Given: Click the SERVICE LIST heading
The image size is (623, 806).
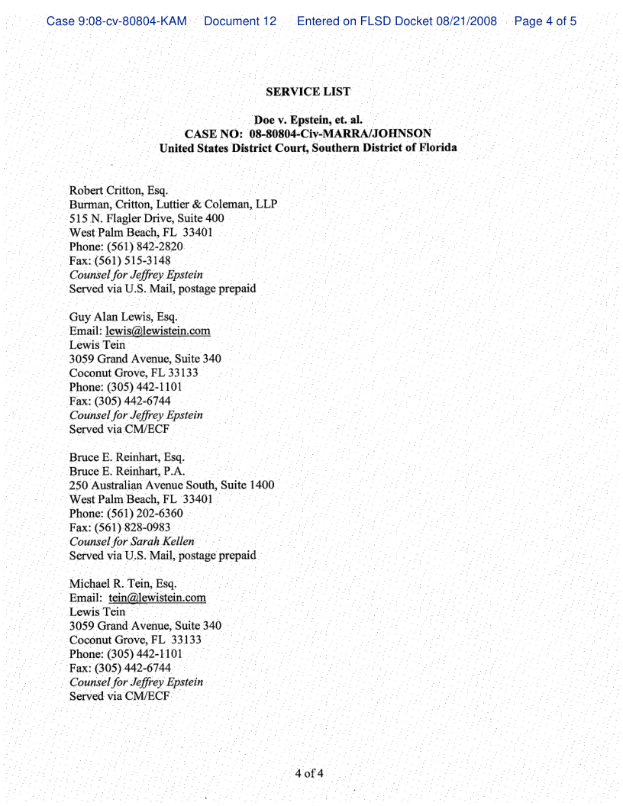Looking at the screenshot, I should pyautogui.click(x=308, y=92).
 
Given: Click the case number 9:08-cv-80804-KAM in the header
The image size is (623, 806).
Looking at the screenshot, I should pyautogui.click(x=117, y=21).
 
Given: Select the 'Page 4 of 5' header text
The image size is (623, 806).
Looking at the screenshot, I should pyautogui.click(x=545, y=21).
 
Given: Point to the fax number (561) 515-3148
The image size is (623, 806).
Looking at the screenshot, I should pyautogui.click(x=137, y=260).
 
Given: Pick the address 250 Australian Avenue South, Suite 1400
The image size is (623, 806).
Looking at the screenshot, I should pyautogui.click(x=172, y=485).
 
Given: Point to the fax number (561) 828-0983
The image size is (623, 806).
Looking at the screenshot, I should pyautogui.click(x=137, y=527).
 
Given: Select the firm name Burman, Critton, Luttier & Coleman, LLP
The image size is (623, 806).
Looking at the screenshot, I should pyautogui.click(x=173, y=205).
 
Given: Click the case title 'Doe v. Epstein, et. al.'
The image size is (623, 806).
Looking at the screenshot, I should pyautogui.click(x=308, y=120).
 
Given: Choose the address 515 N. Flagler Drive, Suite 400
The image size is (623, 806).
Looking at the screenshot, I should pyautogui.click(x=147, y=218).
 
